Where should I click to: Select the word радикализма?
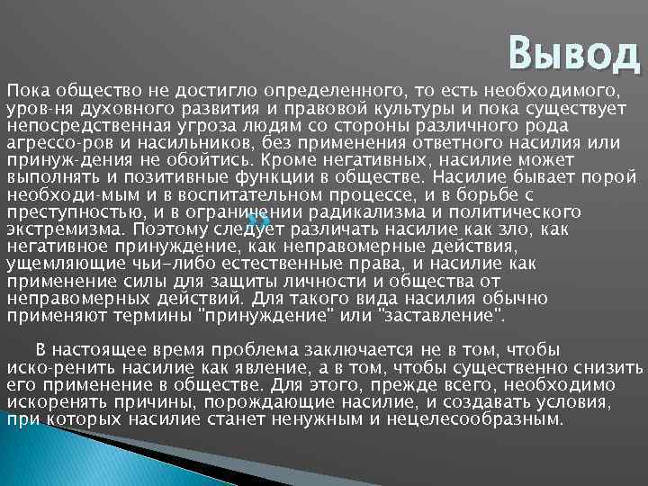pyautogui.click(x=359, y=212)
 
